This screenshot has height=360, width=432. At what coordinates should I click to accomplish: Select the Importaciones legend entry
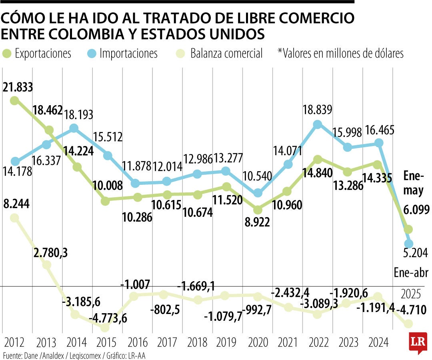(x=122, y=53)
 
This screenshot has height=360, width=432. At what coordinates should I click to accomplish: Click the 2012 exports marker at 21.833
(x=14, y=100)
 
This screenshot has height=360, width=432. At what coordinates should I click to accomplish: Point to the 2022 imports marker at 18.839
(x=318, y=124)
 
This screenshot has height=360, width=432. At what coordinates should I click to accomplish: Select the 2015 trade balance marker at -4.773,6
(x=105, y=328)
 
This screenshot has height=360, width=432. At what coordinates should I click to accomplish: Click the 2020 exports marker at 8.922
(x=258, y=210)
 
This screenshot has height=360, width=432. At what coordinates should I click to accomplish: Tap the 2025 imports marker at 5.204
(x=409, y=243)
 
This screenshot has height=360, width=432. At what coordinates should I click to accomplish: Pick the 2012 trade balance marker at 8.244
(x=14, y=218)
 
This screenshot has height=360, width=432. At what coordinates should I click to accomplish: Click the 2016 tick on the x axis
(x=137, y=342)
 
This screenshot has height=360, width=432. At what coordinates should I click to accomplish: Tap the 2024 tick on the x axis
(x=378, y=342)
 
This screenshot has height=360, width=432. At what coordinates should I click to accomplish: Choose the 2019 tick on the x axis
(x=228, y=342)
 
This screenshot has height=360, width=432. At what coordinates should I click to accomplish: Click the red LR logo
(x=418, y=342)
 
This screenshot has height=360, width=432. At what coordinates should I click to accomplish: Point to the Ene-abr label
(x=411, y=273)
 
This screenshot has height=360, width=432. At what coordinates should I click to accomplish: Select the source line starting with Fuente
(x=74, y=355)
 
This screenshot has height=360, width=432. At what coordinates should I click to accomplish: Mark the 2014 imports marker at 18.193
(x=74, y=128)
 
